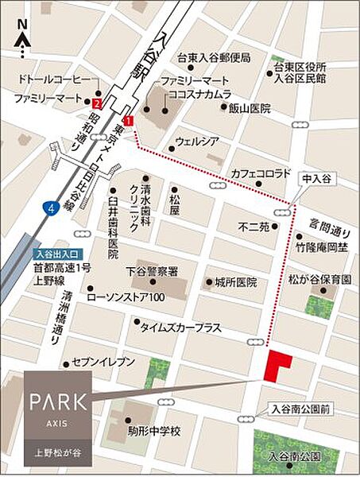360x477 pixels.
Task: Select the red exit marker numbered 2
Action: (x=96, y=103)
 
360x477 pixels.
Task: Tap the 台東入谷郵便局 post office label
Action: (x=214, y=58)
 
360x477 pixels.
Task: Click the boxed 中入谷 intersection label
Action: (x=315, y=180)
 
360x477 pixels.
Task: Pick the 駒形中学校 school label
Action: (x=154, y=431)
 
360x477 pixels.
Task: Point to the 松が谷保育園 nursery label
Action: (x=320, y=281)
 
